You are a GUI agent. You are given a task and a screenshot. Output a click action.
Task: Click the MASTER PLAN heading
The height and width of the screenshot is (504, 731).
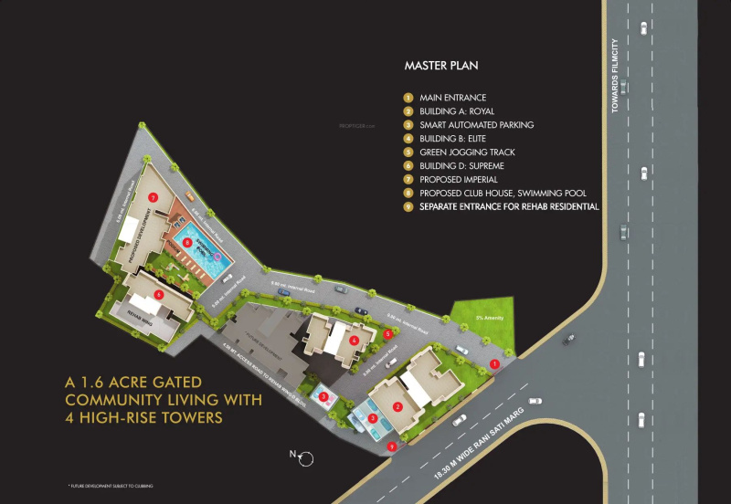[441, 66]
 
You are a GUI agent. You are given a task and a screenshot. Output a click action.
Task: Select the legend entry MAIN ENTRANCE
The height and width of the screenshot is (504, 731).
[452, 97]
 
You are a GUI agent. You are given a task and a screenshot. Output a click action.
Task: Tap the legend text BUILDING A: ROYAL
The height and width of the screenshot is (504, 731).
[458, 110]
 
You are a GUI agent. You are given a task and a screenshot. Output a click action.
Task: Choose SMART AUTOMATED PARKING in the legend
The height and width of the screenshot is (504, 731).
[476, 124]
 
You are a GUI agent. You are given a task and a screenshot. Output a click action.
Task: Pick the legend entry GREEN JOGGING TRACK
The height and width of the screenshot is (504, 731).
[467, 152]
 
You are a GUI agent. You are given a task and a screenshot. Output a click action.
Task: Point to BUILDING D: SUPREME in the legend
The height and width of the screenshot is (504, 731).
[461, 165]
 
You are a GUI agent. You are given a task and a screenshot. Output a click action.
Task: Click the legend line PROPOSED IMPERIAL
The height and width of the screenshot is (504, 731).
[458, 179]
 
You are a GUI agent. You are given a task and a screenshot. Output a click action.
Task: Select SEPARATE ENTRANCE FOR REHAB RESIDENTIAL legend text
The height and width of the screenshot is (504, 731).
[509, 207]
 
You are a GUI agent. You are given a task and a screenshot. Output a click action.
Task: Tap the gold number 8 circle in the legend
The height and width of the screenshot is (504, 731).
[408, 194]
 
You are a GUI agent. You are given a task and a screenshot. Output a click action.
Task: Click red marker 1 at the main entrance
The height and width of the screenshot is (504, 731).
[494, 363]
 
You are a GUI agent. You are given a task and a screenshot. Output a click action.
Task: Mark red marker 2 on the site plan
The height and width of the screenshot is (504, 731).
[397, 406]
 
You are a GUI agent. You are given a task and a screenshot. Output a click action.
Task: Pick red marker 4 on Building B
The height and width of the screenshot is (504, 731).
[354, 340]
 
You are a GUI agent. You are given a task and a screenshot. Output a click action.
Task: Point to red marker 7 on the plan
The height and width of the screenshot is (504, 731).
[154, 196]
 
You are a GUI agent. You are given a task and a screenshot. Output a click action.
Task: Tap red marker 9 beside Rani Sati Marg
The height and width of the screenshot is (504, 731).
[392, 446]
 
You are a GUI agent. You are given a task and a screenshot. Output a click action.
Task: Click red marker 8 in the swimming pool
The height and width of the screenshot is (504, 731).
[186, 242]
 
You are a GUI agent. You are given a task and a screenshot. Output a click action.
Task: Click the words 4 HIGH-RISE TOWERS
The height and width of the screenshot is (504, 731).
[143, 418]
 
